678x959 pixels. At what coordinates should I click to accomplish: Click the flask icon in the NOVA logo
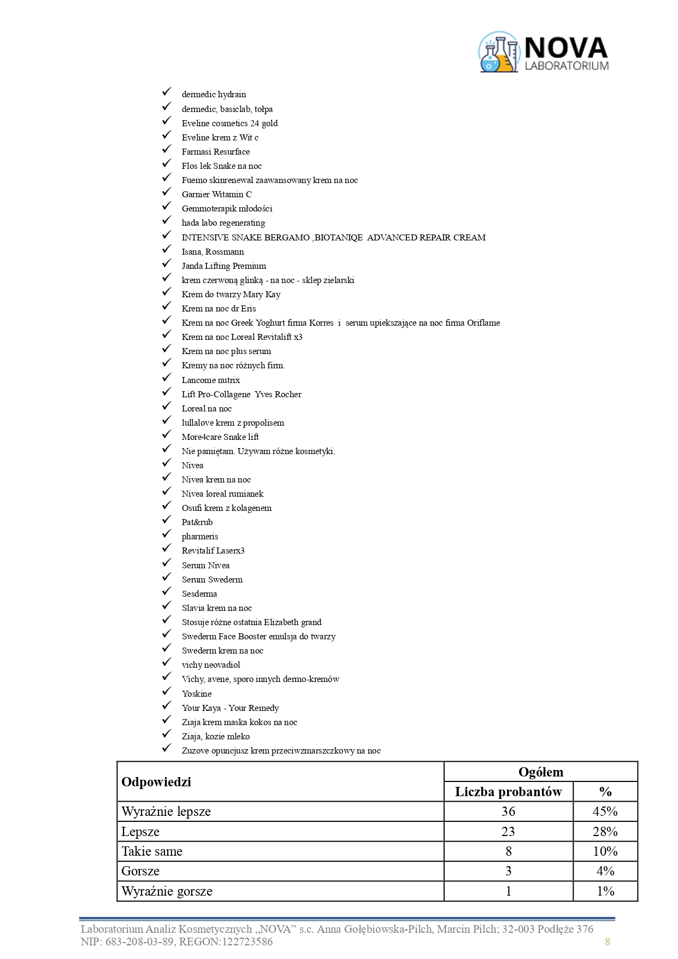[498, 52]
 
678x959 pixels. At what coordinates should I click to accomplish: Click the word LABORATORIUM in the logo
[567, 66]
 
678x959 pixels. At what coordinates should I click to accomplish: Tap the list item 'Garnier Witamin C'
[216, 195]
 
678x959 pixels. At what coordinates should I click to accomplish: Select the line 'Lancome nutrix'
[210, 380]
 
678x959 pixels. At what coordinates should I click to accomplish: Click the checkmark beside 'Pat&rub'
[167, 521]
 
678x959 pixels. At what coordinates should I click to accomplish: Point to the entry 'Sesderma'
[199, 594]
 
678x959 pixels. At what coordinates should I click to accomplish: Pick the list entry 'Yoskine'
[196, 694]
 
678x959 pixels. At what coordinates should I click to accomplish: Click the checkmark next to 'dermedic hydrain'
[167, 93]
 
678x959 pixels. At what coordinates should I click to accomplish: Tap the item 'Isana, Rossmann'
[213, 252]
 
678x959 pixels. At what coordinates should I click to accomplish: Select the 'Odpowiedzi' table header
[156, 782]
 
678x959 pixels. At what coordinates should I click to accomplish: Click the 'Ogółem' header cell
[540, 772]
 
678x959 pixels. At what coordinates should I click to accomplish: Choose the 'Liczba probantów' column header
[508, 792]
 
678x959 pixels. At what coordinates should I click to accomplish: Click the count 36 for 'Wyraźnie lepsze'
[508, 811]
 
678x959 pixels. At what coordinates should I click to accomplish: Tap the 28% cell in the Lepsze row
[605, 832]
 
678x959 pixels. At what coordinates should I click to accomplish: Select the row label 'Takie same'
[152, 851]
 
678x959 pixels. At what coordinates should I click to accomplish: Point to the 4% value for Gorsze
[605, 871]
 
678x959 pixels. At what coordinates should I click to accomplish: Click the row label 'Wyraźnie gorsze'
[167, 891]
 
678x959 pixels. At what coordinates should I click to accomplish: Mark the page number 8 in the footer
[607, 942]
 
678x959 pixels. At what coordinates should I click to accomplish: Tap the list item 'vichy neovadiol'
[211, 665]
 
